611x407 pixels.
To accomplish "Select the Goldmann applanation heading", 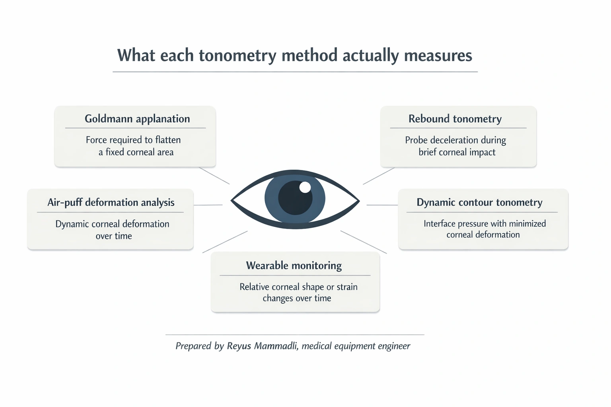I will pos(137,119).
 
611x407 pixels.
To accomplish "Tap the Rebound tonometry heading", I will pos(455,119).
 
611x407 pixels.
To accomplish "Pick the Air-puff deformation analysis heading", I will pos(111,202).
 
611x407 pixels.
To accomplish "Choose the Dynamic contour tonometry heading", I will pos(479,202).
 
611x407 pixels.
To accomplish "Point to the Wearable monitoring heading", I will pos(294,266).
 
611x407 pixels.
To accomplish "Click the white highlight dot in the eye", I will pos(305,187).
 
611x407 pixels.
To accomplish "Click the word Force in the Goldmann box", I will pos(97,140).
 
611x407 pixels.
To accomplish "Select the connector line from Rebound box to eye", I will pos(378,176).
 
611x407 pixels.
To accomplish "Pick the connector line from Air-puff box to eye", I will pos(208,205).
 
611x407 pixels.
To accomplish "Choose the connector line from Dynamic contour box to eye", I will pos(382,205).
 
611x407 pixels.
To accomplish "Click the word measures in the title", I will pos(438,56).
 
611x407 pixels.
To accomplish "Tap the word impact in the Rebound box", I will pos(482,152).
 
